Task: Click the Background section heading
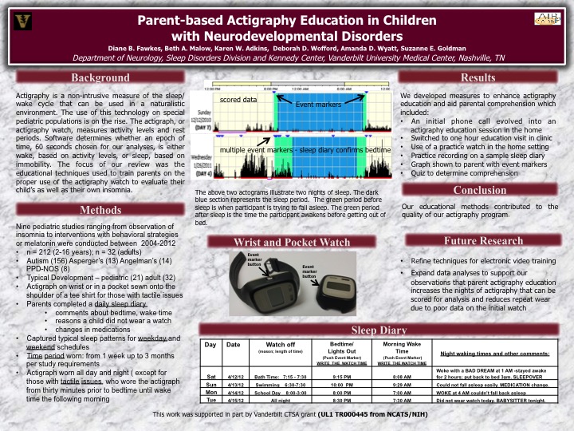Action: (100, 78)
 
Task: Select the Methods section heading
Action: (100, 210)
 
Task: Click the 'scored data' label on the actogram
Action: (238, 101)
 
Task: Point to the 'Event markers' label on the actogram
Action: (318, 105)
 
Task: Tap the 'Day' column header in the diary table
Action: (210, 344)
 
